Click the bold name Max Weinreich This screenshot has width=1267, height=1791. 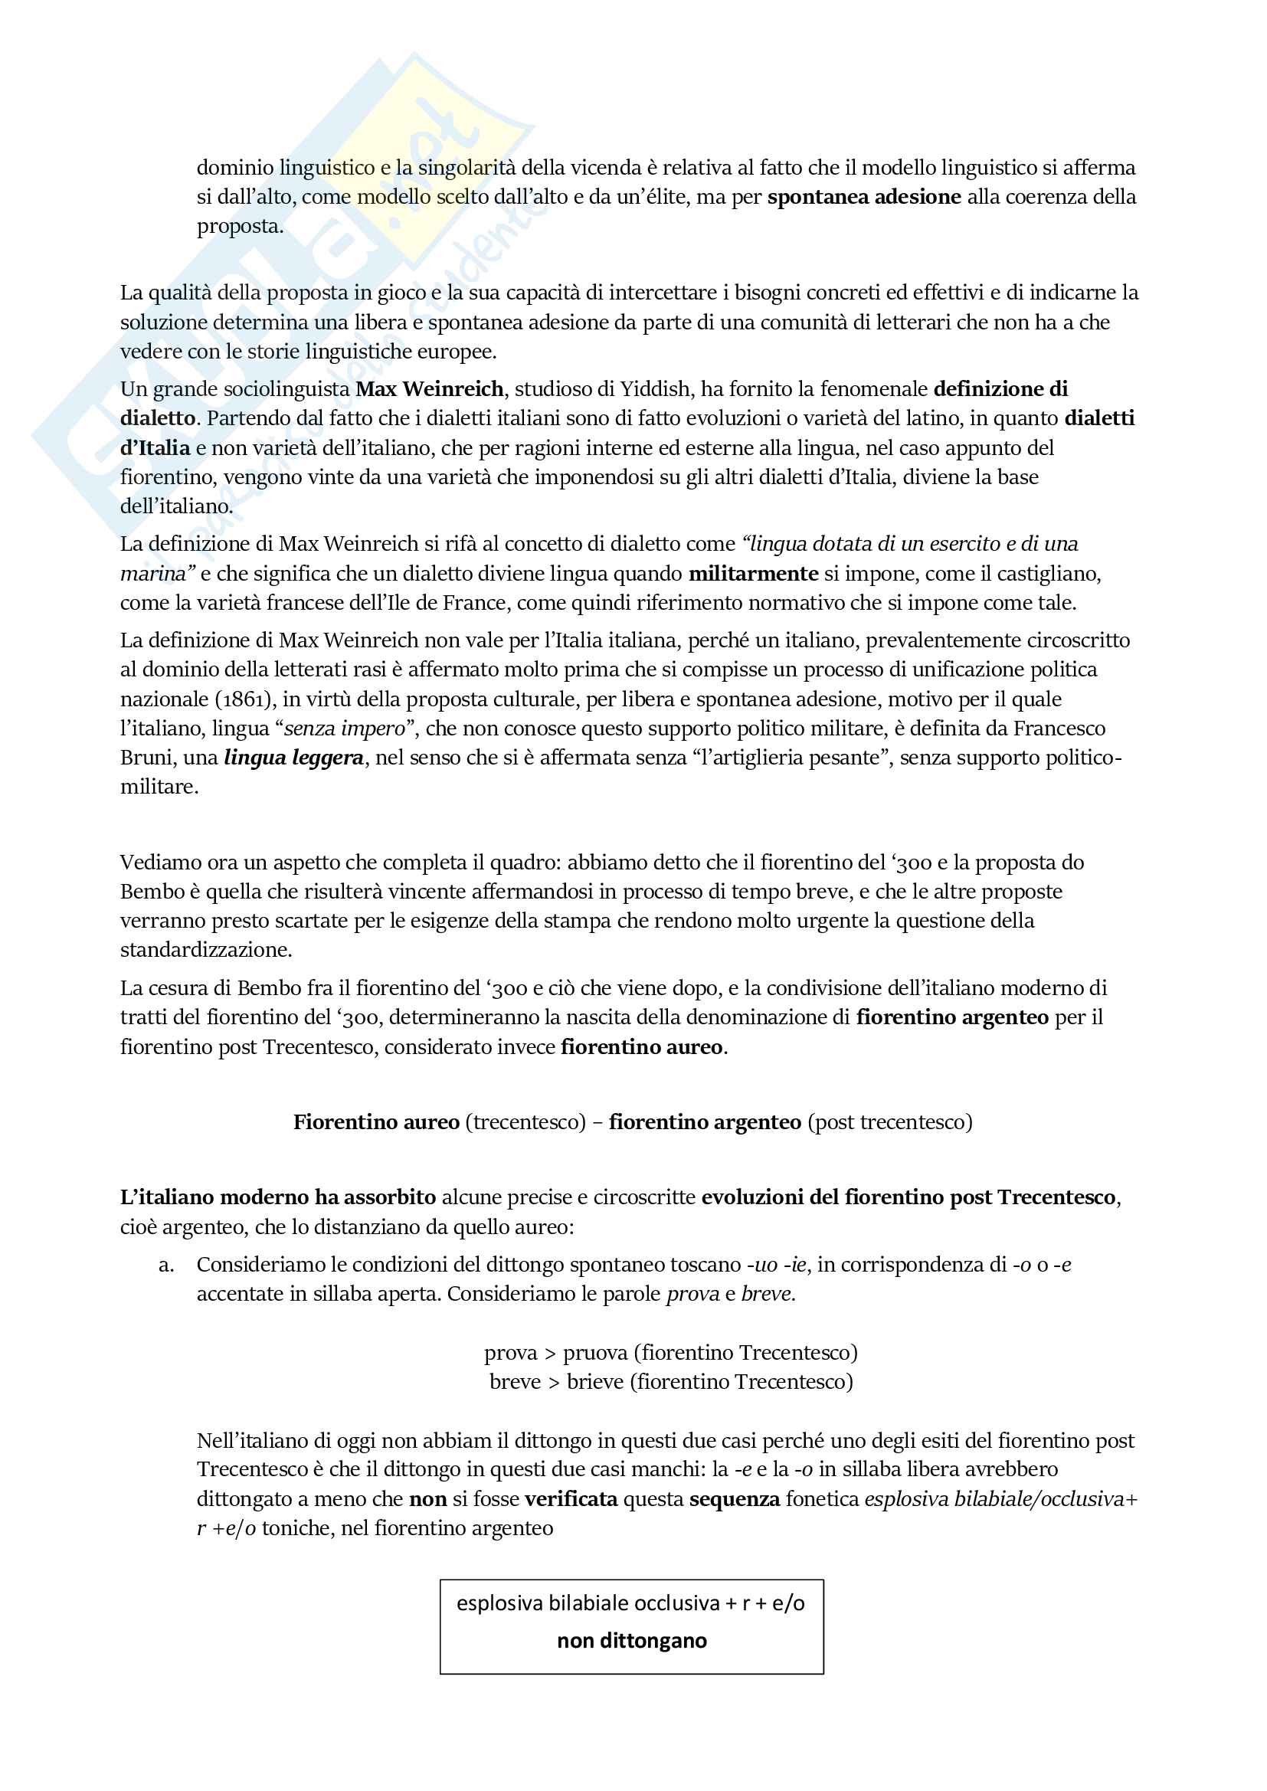click(x=429, y=388)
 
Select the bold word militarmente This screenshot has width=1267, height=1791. click(x=753, y=573)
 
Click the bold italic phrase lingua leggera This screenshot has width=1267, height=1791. click(x=293, y=758)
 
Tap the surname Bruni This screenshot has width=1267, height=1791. click(x=146, y=758)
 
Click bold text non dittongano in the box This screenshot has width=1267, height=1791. click(x=632, y=1639)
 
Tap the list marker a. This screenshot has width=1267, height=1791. click(x=165, y=1265)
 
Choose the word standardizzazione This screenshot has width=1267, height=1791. click(x=205, y=949)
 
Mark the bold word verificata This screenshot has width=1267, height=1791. click(x=571, y=1498)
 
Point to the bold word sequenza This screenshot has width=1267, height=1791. click(x=734, y=1498)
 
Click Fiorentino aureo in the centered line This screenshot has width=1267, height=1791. click(x=376, y=1121)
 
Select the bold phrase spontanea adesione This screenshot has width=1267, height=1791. click(x=863, y=197)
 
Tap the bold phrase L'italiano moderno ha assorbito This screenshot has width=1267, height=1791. click(x=278, y=1197)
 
